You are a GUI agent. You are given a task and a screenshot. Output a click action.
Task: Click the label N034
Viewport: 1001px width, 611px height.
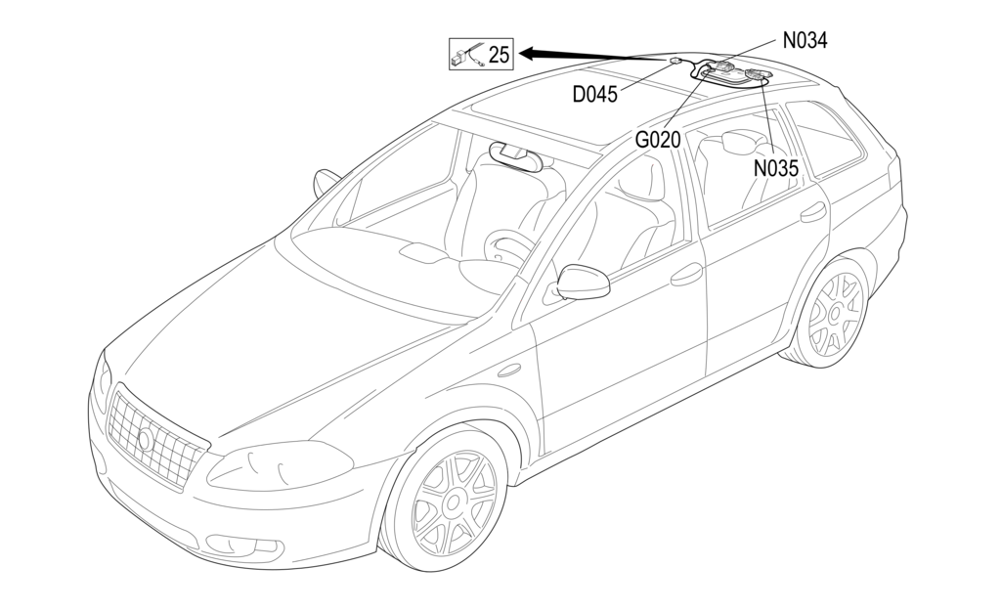tap(805, 41)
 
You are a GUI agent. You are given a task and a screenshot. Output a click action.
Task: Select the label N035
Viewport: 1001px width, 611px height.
tap(776, 167)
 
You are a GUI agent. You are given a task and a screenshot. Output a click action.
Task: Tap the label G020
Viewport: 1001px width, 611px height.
tap(658, 140)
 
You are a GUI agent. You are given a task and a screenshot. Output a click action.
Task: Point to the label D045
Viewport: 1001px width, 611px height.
tap(595, 95)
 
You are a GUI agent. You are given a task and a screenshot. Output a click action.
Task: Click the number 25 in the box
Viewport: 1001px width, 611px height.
tap(499, 54)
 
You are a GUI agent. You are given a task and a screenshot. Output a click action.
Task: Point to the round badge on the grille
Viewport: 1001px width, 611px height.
tap(146, 439)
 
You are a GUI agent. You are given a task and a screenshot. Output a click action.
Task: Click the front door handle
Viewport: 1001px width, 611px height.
tap(686, 275)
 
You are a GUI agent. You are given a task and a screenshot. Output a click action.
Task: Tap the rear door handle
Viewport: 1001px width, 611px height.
tap(812, 211)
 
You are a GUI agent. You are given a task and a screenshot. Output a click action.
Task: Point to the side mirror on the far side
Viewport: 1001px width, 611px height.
tap(326, 182)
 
